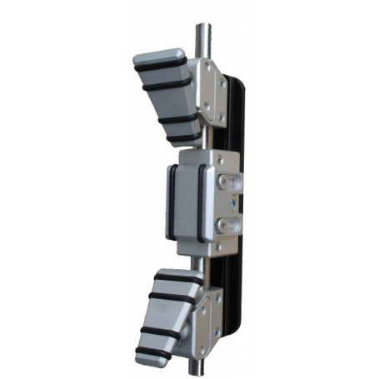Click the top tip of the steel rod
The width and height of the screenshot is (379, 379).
[202, 27]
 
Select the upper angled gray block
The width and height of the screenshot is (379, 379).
[167, 92]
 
